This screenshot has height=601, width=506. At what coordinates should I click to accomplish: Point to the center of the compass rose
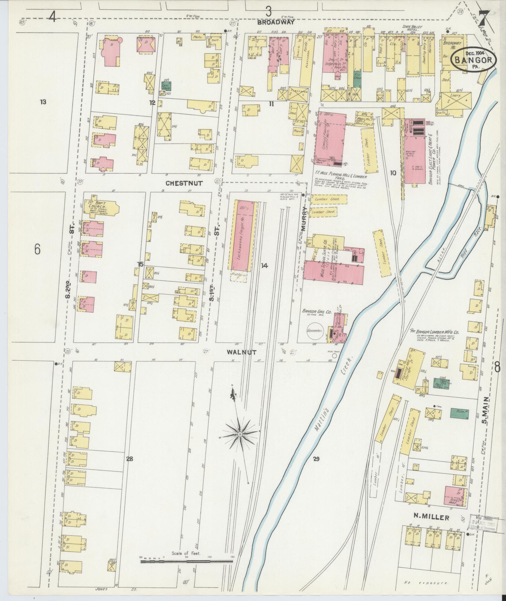coord(240,434)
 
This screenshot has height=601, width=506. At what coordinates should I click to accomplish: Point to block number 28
coord(130,459)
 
